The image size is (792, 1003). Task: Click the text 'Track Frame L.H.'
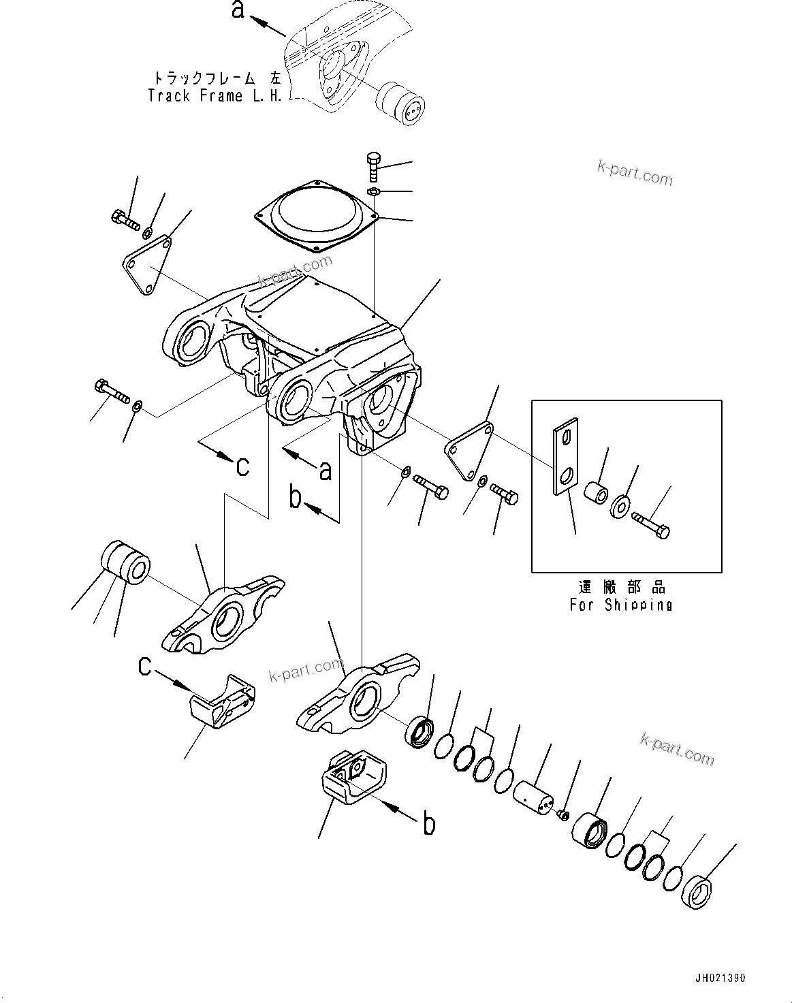[215, 96]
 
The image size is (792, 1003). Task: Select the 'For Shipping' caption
[620, 605]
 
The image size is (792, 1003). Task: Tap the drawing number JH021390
[720, 978]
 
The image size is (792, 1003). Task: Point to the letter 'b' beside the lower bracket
[429, 824]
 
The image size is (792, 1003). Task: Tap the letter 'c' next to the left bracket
[144, 665]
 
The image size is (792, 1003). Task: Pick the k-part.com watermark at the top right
[635, 173]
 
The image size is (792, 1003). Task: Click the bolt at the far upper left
[124, 219]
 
